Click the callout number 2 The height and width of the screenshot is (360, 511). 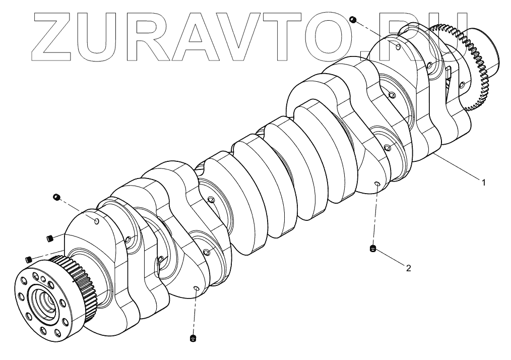408,268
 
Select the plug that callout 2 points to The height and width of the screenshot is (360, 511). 373,248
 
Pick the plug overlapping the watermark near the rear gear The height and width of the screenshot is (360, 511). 353,19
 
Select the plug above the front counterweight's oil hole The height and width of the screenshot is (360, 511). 56,196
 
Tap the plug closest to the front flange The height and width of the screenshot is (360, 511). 28,259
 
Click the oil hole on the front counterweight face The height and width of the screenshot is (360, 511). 97,220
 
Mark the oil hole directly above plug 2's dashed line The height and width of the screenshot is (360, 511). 376,185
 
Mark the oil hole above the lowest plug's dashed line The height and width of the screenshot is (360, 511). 196,288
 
